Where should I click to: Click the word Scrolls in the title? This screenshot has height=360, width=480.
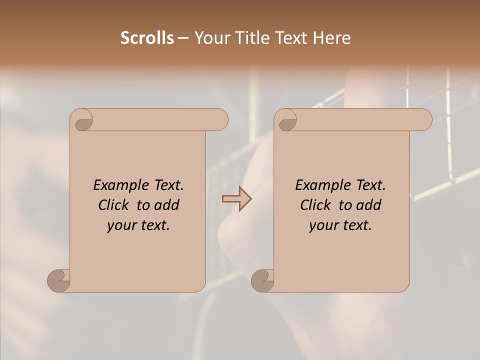[x=147, y=38]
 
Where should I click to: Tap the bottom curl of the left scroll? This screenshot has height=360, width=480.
[x=59, y=280]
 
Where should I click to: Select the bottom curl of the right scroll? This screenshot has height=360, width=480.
[x=263, y=280]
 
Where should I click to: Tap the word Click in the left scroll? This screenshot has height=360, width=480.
[x=114, y=205]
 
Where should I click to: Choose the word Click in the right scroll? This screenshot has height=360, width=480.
[x=316, y=205]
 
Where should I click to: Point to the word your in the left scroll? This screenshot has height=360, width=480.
[x=120, y=226]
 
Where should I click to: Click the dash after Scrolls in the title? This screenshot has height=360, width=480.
[x=183, y=38]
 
